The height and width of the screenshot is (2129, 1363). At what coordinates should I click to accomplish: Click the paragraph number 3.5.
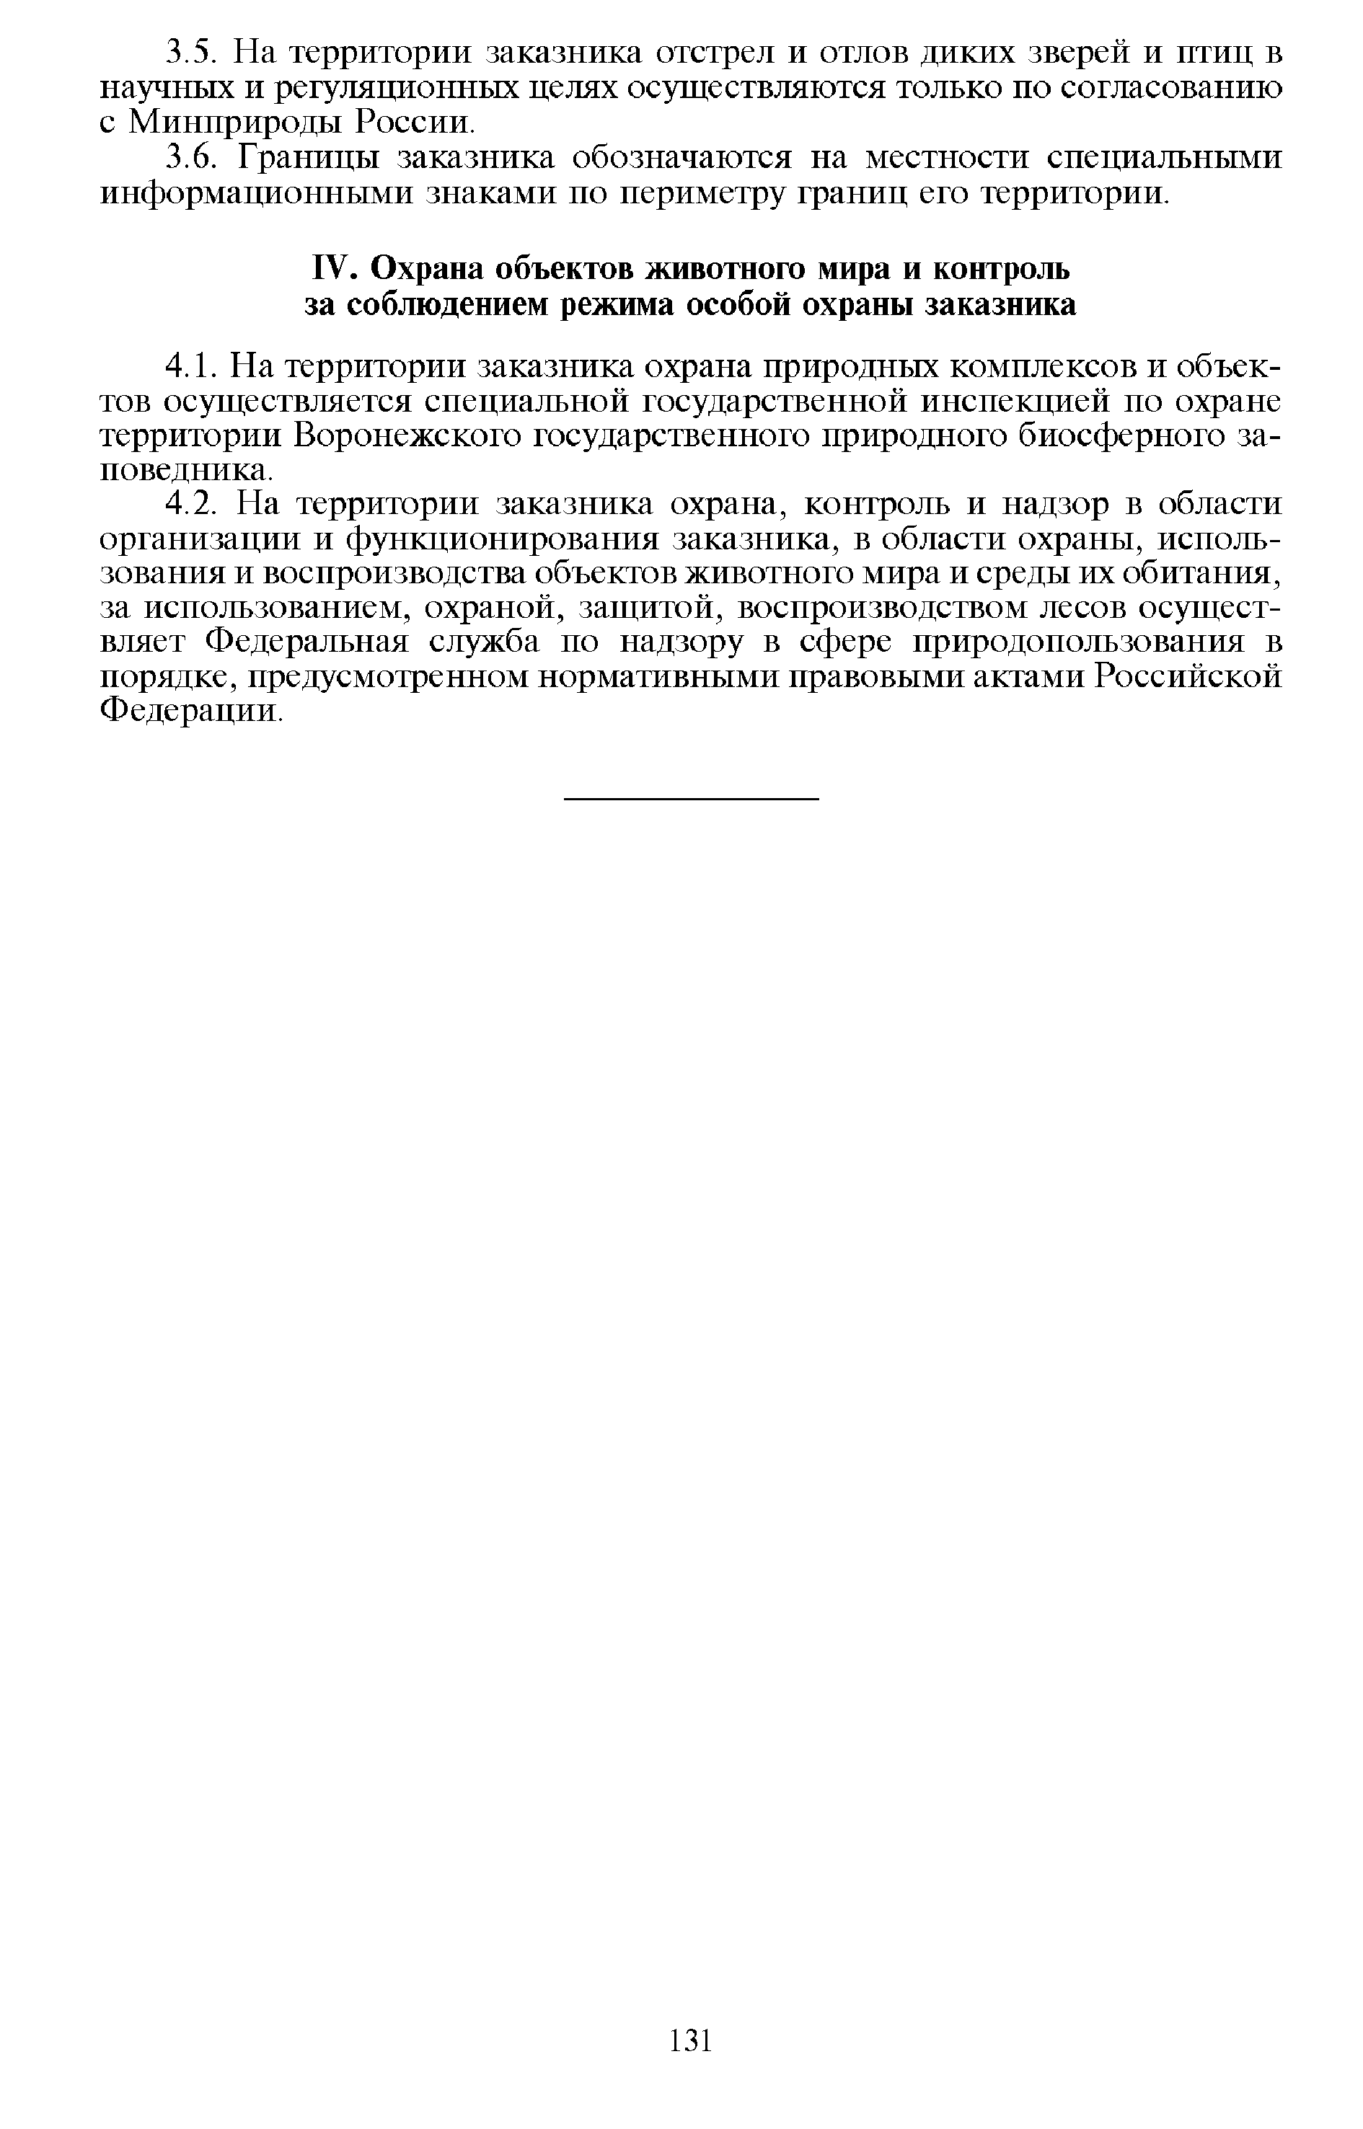pos(190,54)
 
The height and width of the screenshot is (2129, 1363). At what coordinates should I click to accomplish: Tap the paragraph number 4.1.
pos(190,366)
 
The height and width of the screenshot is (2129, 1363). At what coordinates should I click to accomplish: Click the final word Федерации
pos(190,711)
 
